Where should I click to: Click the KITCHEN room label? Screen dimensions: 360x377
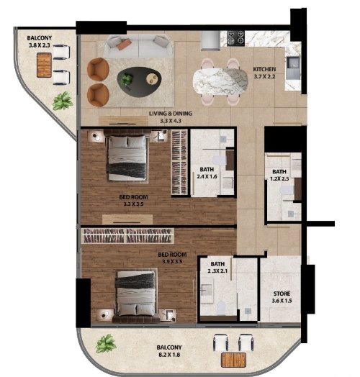click(x=264, y=69)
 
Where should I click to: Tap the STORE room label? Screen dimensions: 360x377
click(x=282, y=294)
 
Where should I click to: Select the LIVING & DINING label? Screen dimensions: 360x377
click(x=171, y=114)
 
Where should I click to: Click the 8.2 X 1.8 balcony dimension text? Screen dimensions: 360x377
click(x=169, y=355)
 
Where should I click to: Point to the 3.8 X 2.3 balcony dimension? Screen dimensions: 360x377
click(x=39, y=45)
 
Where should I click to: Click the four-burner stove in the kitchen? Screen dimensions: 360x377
click(x=235, y=37)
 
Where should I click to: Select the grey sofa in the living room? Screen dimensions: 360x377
click(x=138, y=46)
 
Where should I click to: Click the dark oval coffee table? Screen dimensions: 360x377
click(x=139, y=82)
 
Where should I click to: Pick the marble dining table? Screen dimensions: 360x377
click(x=220, y=82)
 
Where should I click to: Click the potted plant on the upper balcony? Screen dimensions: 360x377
click(x=63, y=101)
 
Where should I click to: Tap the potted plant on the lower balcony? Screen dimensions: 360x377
click(x=106, y=343)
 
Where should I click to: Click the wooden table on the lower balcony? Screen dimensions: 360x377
click(x=233, y=360)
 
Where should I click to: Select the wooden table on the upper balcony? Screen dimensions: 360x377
click(x=44, y=65)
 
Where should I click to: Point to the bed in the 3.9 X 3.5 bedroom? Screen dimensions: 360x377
click(x=136, y=296)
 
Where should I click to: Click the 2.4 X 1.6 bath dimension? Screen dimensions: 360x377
click(x=207, y=176)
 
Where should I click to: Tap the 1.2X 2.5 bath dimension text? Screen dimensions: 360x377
click(x=279, y=179)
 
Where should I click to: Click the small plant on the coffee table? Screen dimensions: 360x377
click(x=126, y=79)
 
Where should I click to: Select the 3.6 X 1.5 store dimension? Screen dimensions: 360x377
click(x=282, y=301)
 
